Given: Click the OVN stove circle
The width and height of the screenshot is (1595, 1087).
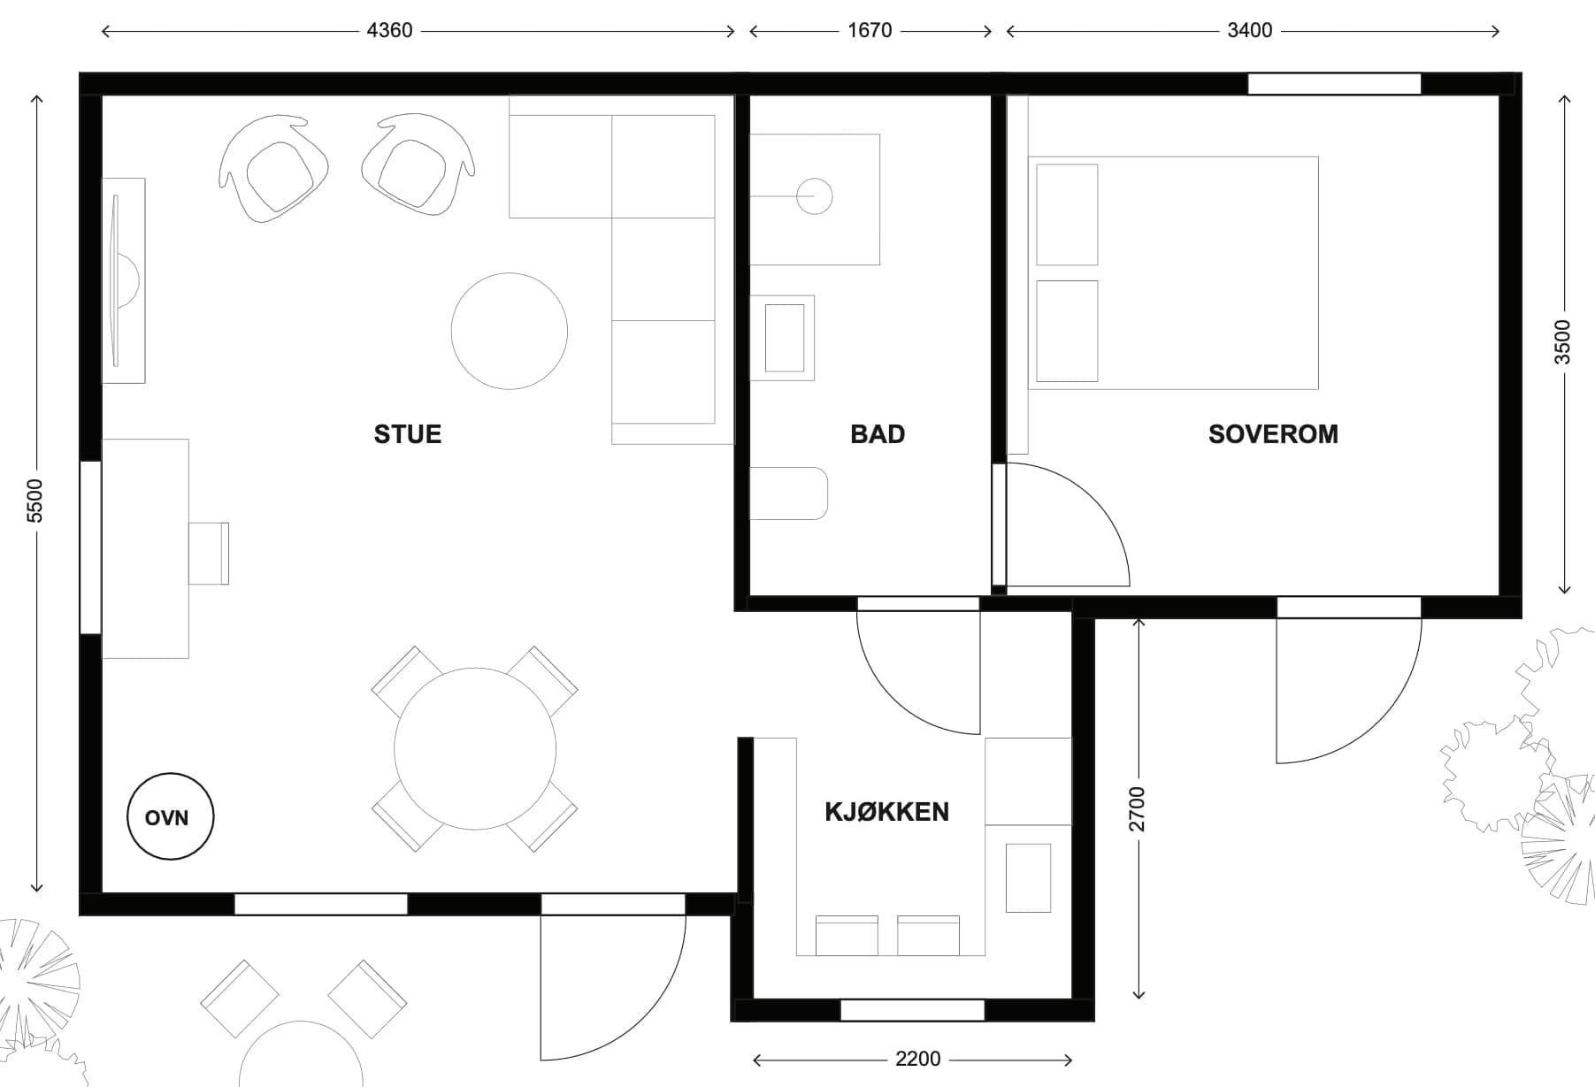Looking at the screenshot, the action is pos(170,816).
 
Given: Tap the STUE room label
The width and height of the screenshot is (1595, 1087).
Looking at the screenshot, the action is pos(408,434).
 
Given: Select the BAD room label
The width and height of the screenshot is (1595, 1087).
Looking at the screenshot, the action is pos(878,434).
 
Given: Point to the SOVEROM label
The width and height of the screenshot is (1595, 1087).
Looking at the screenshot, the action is pos(1273,434).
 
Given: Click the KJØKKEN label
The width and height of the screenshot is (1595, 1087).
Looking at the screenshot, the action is pos(886,812).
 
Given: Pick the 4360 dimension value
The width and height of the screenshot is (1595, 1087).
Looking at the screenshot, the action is pos(389,31).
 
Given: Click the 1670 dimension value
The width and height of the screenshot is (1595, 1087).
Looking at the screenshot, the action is pos(870,31).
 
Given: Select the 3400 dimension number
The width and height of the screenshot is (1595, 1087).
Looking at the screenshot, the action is pos(1249,31).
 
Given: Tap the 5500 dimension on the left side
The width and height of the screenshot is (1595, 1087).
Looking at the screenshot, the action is pos(35,501).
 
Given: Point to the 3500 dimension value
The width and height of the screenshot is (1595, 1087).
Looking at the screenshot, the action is pos(1563,342).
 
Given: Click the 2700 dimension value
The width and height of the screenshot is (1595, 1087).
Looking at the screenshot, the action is pos(1138,809).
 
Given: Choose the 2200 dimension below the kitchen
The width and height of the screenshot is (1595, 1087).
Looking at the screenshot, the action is pos(917,1060).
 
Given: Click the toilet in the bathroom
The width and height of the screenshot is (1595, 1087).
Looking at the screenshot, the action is pos(788,494).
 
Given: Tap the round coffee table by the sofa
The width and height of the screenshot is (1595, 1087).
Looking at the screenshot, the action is pos(510,331).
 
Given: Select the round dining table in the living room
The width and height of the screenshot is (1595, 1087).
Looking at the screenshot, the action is pos(475,749).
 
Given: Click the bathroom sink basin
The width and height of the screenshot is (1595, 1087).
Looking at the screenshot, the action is pos(784,338).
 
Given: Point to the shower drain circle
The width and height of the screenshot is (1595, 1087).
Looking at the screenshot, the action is pos(814,196).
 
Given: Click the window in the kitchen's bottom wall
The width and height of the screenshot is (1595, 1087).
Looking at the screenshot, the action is pos(912,1010).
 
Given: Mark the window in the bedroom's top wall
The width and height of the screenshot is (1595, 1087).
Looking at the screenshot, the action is pos(1334,84).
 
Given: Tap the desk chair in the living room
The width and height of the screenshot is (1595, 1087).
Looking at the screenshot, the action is pos(209,554).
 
